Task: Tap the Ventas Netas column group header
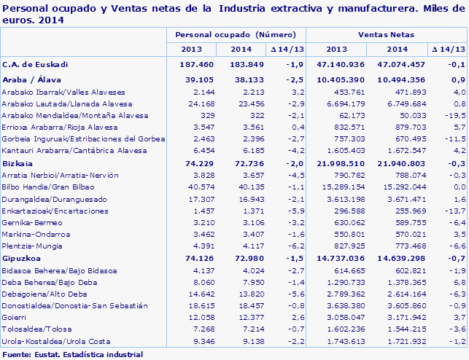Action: (x=385, y=35)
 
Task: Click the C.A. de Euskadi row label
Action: (x=36, y=64)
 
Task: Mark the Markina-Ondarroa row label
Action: (x=36, y=234)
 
